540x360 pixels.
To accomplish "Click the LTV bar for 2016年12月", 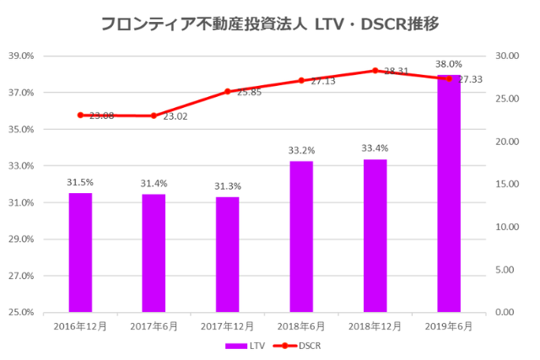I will tap(80, 252).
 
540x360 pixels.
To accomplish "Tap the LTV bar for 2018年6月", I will tap(301, 236).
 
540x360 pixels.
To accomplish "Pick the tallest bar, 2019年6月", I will tap(449, 194).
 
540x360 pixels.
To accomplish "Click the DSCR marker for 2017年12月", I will tap(227, 91).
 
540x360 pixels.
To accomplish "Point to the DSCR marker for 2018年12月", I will tap(375, 71).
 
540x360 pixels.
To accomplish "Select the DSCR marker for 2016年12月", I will tap(80, 115).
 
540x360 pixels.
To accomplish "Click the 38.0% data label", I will tap(449, 64).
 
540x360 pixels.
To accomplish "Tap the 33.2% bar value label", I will tap(301, 150).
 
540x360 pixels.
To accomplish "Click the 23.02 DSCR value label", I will tap(175, 116).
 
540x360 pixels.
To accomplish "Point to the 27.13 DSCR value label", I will tap(322, 82).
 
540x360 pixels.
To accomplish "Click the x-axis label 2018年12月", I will tap(375, 325).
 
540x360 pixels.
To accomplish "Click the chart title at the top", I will tap(269, 24).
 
